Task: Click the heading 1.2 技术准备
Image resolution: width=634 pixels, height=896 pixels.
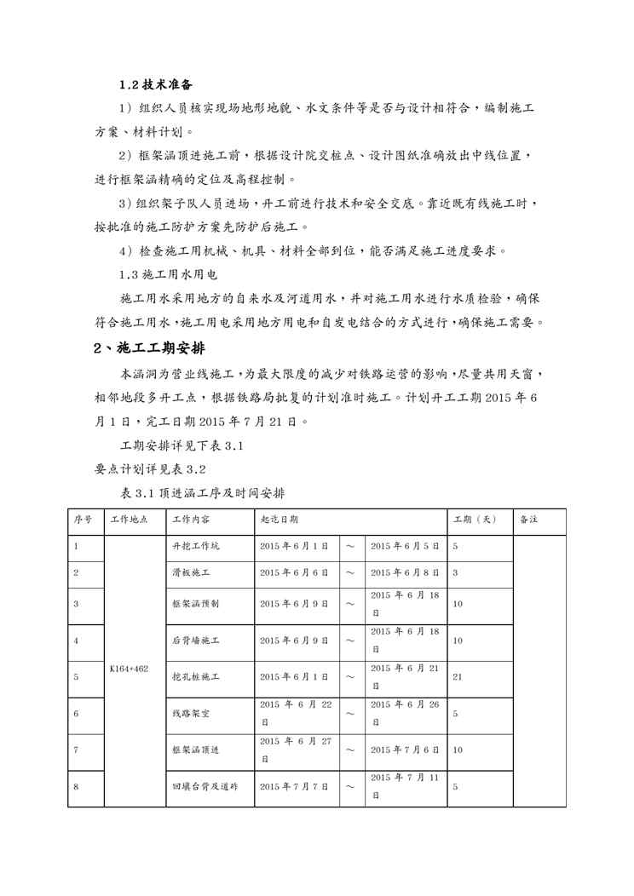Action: point(155,85)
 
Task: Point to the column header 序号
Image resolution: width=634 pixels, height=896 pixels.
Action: point(83,520)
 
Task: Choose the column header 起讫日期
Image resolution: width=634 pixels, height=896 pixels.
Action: point(279,520)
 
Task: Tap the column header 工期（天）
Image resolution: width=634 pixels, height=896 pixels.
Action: point(475,520)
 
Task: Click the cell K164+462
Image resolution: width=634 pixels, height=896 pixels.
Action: point(130,669)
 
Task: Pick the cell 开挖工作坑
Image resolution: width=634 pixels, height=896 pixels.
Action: point(196,546)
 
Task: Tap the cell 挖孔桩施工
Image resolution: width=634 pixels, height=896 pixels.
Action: point(196,677)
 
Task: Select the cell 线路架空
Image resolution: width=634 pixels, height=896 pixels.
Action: point(191,714)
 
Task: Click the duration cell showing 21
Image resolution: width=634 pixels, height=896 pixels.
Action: point(457,677)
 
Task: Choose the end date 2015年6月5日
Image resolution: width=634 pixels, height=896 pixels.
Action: point(405,546)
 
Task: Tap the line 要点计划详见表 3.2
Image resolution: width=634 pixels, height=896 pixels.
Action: point(150,468)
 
